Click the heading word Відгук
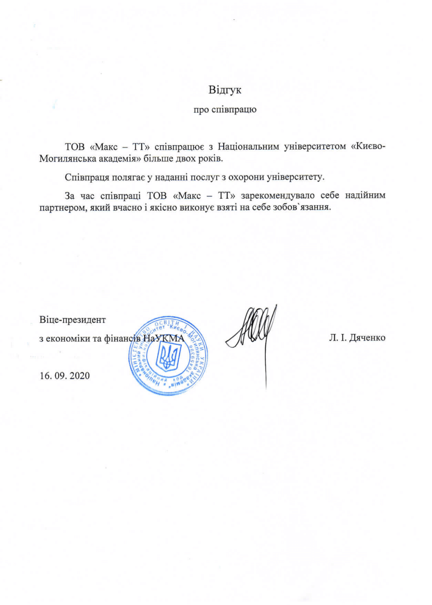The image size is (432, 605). pyautogui.click(x=225, y=90)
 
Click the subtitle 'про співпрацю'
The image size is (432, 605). pyautogui.click(x=225, y=110)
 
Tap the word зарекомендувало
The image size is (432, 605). pyautogui.click(x=278, y=196)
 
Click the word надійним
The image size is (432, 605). pyautogui.click(x=365, y=196)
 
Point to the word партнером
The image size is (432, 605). pyautogui.click(x=60, y=207)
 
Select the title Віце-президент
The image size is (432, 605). pyautogui.click(x=73, y=320)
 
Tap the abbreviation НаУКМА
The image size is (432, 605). pyautogui.click(x=163, y=338)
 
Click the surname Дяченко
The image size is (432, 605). pyautogui.click(x=367, y=338)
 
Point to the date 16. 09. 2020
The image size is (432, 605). pyautogui.click(x=65, y=376)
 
